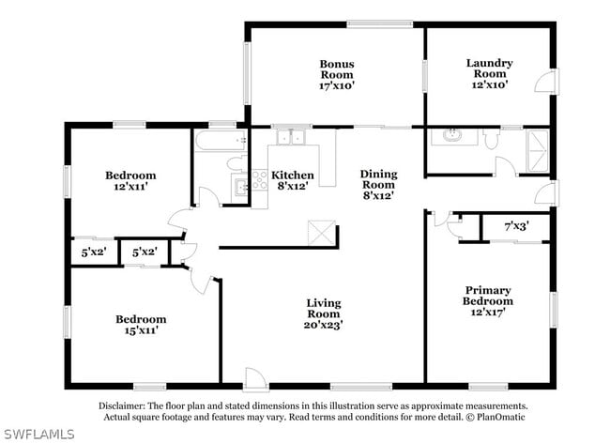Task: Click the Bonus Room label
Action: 337,69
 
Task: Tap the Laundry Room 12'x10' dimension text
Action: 490,84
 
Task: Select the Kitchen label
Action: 293,175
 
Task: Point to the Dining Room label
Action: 378,179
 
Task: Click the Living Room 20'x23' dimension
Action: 323,325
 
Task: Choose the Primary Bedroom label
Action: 487,296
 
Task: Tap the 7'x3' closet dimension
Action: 516,226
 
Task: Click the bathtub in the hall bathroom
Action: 221,141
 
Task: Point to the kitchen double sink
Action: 291,137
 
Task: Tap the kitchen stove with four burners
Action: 259,180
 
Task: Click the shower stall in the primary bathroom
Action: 538,150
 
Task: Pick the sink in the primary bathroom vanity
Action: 452,135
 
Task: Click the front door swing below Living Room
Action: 255,377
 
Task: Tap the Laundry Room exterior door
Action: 546,81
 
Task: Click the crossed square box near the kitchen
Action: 322,233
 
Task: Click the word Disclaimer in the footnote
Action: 122,405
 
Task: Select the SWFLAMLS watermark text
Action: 38,434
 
